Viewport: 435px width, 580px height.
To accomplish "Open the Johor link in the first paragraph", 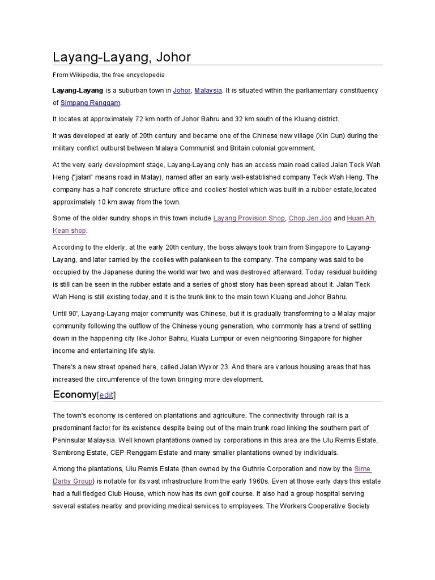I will click(181, 91).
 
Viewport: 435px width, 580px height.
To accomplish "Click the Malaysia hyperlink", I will click(208, 91).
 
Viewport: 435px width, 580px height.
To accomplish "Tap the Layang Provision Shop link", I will click(249, 218).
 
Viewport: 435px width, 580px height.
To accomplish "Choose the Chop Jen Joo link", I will click(310, 218).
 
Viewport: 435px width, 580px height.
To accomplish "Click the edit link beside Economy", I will click(106, 395).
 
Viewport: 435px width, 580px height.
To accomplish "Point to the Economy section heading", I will click(74, 394).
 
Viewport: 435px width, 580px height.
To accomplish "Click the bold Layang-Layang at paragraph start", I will click(78, 91).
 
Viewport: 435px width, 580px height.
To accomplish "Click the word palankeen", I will click(242, 260).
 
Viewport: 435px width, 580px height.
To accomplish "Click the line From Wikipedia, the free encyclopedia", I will click(108, 75).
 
